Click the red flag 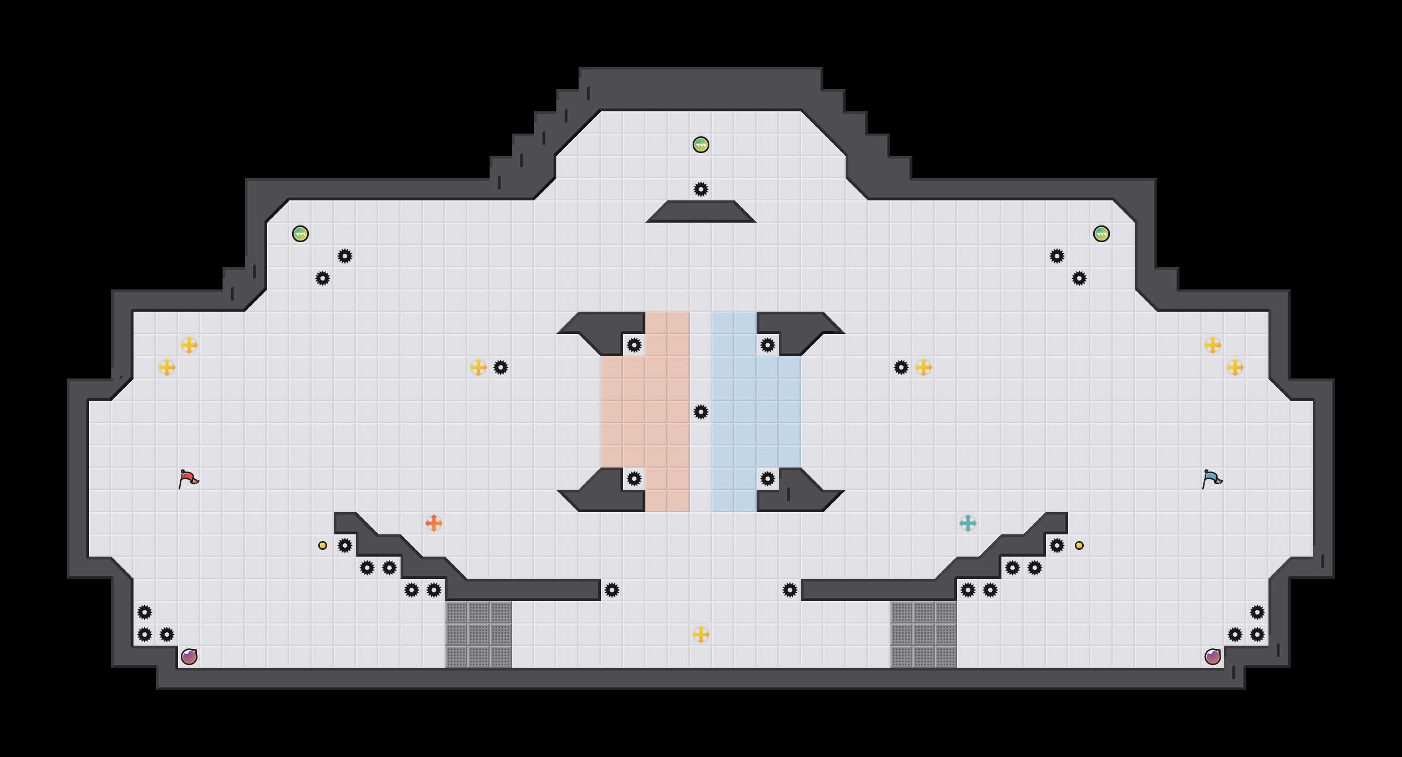(188, 479)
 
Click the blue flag (1212, 479)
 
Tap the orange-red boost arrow (434, 523)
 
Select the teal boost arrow (968, 523)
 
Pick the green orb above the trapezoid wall (701, 145)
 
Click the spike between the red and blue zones (701, 412)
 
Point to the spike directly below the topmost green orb (701, 189)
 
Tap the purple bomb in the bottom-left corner (189, 657)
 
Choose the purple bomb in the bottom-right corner (1213, 657)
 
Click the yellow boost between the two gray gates (701, 635)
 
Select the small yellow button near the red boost (323, 545)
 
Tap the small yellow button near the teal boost (1079, 545)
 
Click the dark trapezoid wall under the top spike (701, 212)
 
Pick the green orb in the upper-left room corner (300, 234)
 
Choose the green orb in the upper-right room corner (1102, 234)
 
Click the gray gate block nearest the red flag (478, 635)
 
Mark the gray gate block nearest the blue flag (924, 635)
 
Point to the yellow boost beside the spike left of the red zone (478, 367)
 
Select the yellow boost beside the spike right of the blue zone (924, 367)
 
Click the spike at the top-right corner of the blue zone (768, 345)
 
